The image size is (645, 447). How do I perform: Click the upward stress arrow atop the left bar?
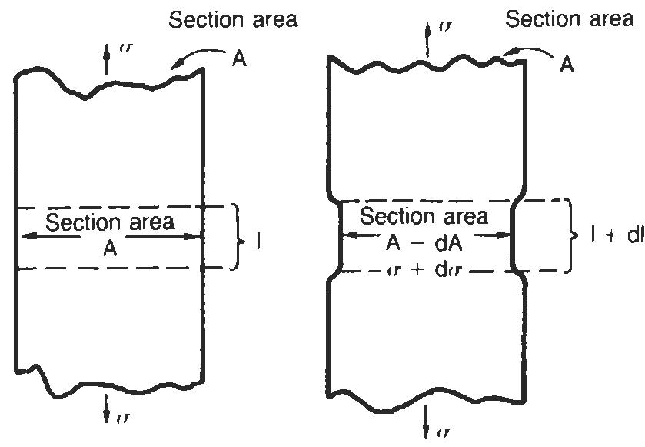(107, 62)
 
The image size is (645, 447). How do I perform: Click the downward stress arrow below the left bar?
(107, 414)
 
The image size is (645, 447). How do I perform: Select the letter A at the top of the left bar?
(240, 59)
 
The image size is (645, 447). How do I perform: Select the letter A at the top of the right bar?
(567, 65)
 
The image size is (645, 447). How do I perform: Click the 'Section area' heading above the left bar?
(233, 20)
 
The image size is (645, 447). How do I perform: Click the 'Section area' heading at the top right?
(569, 19)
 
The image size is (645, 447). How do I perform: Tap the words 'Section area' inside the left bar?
(110, 223)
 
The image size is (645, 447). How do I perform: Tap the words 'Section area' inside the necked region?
(424, 216)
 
